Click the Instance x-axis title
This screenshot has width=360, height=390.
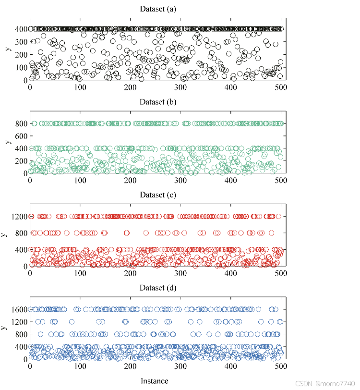coord(155,381)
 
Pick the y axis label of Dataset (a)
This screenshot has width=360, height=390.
coord(7,49)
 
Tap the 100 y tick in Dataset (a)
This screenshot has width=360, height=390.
coord(21,67)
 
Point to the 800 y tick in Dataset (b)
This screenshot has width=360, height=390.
coord(21,123)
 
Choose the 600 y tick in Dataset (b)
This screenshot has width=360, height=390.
coord(21,136)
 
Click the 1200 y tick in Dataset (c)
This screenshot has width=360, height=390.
coord(19,217)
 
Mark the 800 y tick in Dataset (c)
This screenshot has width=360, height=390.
coord(21,233)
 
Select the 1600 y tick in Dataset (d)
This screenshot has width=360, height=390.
coord(19,309)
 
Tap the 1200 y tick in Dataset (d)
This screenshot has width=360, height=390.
coord(19,322)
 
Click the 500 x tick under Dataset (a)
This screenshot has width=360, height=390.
coord(281,87)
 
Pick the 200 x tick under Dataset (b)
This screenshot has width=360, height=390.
coord(130,181)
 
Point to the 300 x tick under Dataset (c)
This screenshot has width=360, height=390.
coord(180,273)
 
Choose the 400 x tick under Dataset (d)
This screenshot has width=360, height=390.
coord(230,366)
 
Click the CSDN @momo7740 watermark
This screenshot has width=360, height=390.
coord(325,384)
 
